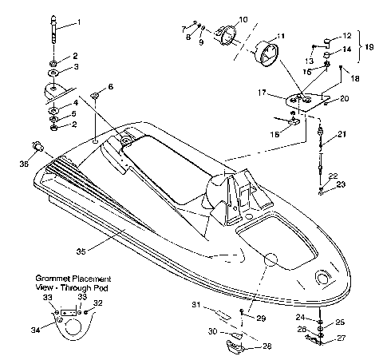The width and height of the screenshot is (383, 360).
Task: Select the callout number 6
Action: point(110,86)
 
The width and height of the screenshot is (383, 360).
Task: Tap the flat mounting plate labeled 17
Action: point(303,101)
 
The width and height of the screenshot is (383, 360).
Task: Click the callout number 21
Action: point(342,133)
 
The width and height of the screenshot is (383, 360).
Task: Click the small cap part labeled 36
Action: point(36,146)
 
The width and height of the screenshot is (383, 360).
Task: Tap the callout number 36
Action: point(24,164)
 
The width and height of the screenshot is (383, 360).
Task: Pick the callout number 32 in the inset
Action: point(98,303)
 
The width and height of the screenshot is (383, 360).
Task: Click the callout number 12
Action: point(346,36)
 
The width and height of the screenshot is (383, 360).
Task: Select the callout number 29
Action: point(259,318)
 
